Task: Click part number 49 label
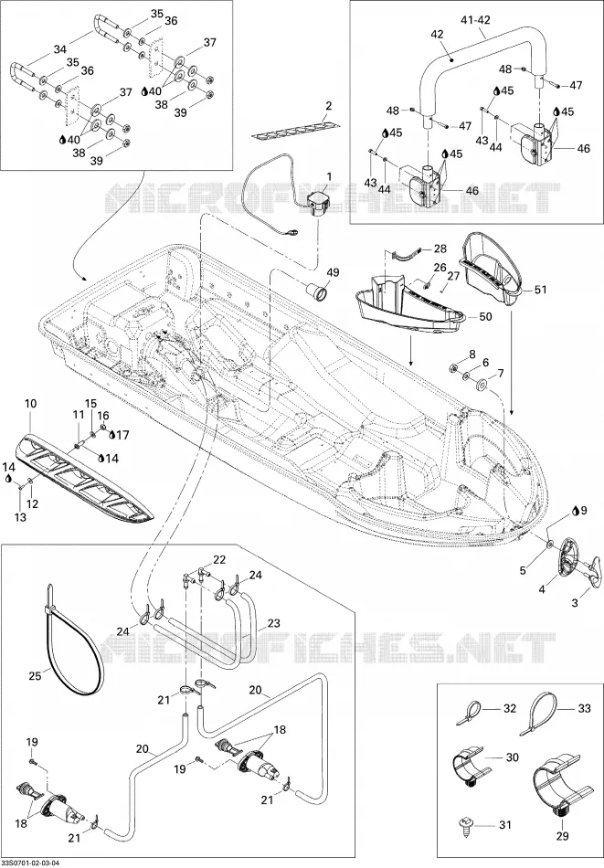(x=333, y=272)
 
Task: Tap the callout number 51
(x=540, y=289)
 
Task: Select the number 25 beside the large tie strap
(x=36, y=675)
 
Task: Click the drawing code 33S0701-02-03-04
(x=30, y=863)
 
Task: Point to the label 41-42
(x=475, y=20)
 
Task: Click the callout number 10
(x=30, y=404)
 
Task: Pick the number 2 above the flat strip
(x=329, y=105)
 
